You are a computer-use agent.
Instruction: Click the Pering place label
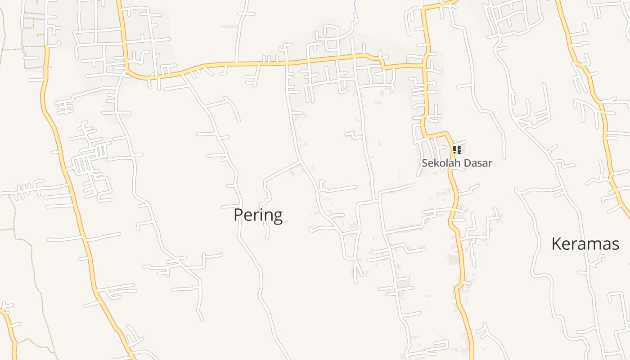tap(258, 215)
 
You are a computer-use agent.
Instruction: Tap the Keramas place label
tap(585, 244)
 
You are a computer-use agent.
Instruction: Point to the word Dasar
tap(479, 163)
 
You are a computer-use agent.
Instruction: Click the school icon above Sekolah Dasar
tap(457, 149)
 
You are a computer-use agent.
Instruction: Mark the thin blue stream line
tap(355, 5)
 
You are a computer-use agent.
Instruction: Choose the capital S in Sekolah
tap(425, 163)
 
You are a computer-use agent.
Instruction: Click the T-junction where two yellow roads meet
tap(424, 66)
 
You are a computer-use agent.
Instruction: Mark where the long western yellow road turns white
tap(46, 45)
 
